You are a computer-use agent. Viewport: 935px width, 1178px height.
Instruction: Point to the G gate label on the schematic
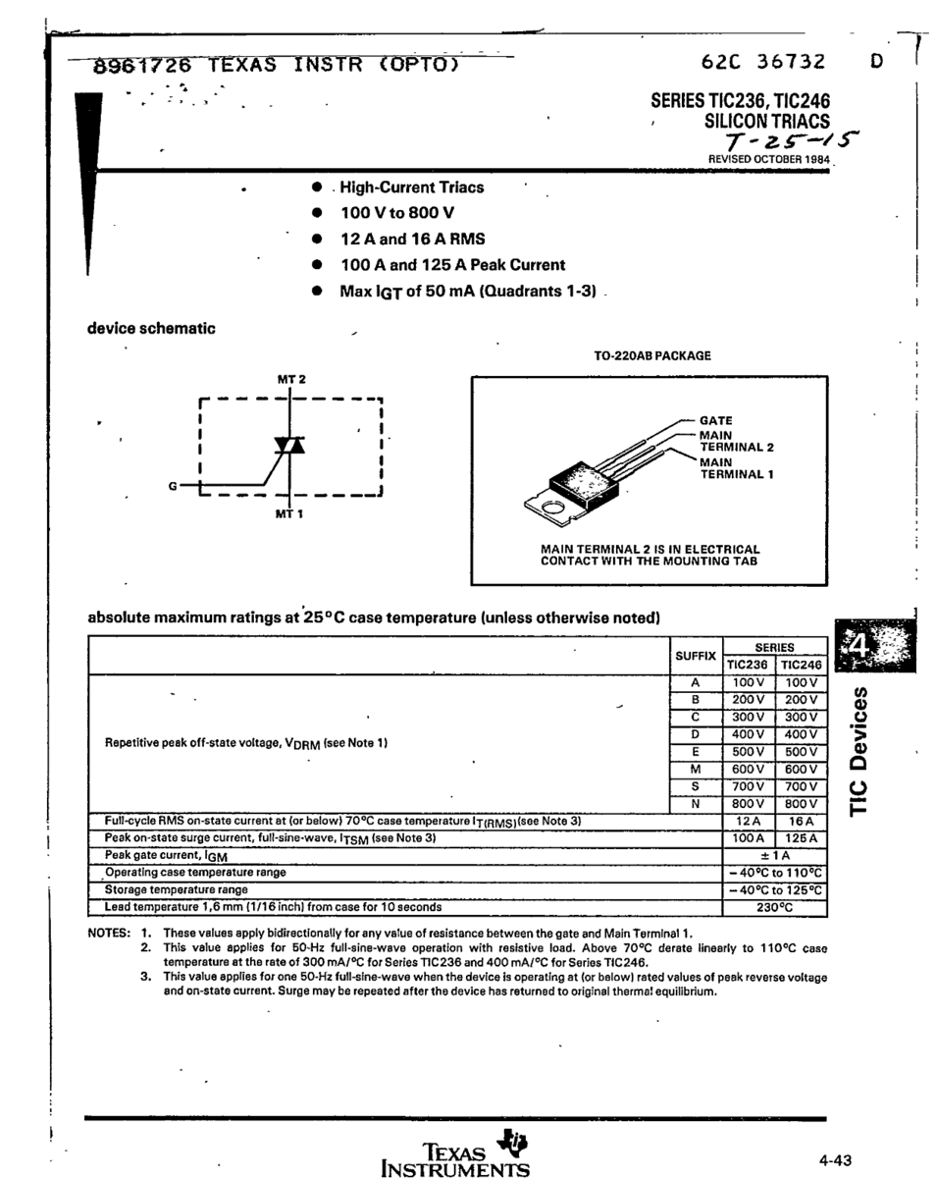point(173,486)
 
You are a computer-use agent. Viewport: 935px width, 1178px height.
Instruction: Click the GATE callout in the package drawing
point(716,420)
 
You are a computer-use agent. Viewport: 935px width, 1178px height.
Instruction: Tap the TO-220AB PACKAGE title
point(651,355)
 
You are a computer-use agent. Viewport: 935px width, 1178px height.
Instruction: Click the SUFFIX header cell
point(695,656)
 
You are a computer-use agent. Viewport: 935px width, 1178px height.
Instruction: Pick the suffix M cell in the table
point(695,770)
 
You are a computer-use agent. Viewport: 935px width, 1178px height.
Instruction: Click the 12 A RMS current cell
point(750,821)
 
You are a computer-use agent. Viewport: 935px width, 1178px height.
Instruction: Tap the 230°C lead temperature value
point(774,908)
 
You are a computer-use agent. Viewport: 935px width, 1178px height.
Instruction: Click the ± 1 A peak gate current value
point(775,855)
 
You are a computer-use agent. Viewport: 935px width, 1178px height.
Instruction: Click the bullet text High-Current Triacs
point(412,187)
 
